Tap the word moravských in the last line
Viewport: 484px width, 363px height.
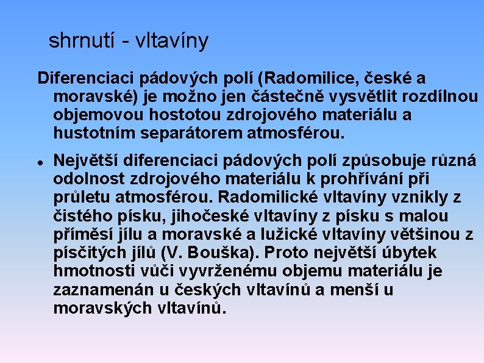[104, 307]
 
